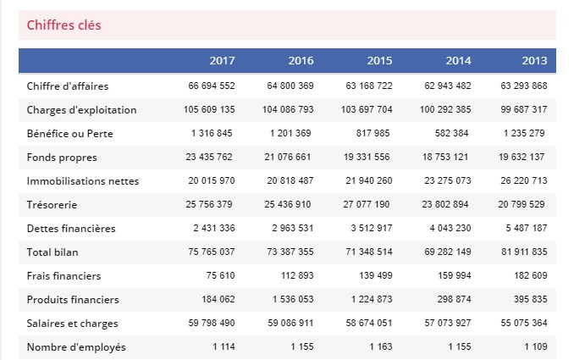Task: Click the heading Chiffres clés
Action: pyautogui.click(x=63, y=25)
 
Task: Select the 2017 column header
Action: pyautogui.click(x=222, y=61)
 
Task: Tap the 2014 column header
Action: pyautogui.click(x=458, y=61)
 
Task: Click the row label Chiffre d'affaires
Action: pyautogui.click(x=68, y=86)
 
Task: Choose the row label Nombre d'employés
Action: pyautogui.click(x=76, y=346)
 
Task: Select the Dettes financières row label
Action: pyautogui.click(x=71, y=228)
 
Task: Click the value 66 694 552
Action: pyautogui.click(x=212, y=86)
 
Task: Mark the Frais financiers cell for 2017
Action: pyautogui.click(x=218, y=275)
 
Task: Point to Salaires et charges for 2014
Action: pyautogui.click(x=445, y=323)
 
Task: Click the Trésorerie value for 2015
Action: pyautogui.click(x=367, y=204)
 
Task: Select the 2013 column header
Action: pyautogui.click(x=534, y=61)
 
